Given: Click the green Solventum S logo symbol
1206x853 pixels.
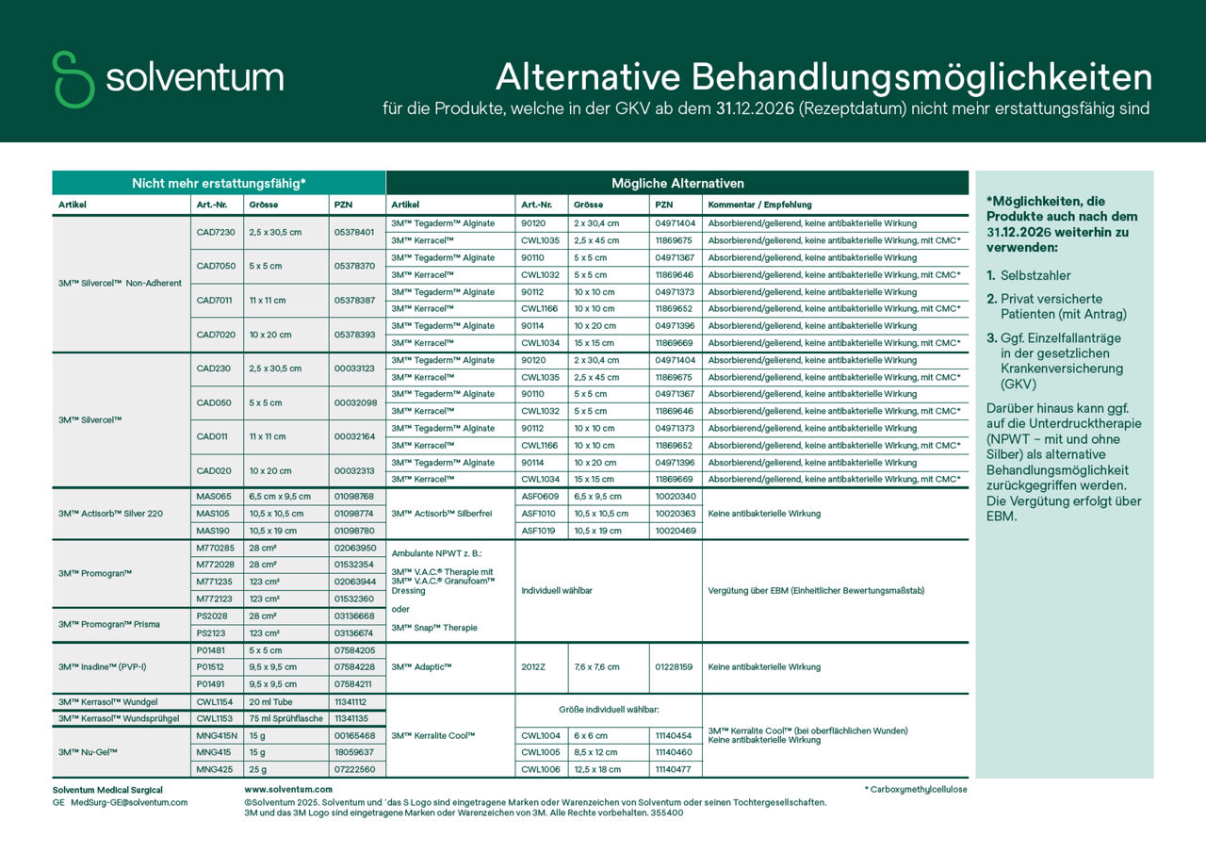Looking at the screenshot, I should coord(73,79).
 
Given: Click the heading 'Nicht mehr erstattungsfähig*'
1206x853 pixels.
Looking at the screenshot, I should coord(219,183).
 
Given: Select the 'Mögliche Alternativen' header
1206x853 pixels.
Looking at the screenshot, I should coord(677,183).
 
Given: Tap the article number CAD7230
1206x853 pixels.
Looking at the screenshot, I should coord(216,232).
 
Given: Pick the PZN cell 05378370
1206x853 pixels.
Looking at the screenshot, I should coord(354,266).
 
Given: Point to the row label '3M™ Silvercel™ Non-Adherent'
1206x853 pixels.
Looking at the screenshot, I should coord(120,283).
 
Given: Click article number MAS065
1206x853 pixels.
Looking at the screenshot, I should coord(213,496).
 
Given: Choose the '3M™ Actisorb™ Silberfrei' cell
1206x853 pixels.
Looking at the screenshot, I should coord(441,514).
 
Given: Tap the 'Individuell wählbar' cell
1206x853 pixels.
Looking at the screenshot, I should coord(557,591).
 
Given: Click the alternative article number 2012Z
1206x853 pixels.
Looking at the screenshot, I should coord(533,667).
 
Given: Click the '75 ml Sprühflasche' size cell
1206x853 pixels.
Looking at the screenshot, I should coord(285,718).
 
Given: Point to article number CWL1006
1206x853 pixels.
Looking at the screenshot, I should coord(541,770).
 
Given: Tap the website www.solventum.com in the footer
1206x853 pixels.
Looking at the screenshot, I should coord(288,789).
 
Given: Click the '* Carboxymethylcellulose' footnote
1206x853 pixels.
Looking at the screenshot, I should coord(915,789).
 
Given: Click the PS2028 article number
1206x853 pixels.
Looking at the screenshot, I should coord(213,615).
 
